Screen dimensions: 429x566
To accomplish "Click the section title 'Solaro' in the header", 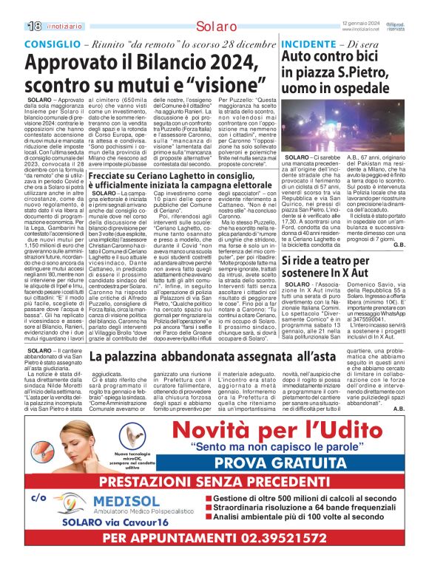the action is [214, 27].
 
